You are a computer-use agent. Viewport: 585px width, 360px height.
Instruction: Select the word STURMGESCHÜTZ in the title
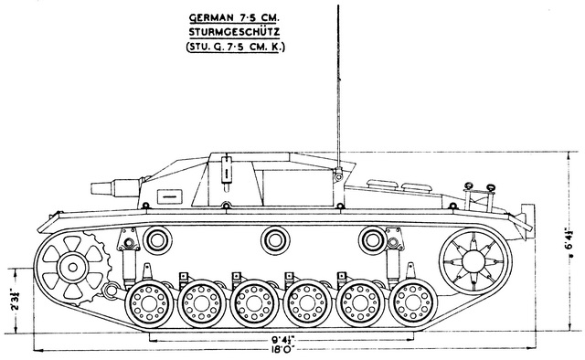pos(234,32)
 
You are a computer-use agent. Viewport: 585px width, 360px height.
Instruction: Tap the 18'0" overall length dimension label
pos(283,349)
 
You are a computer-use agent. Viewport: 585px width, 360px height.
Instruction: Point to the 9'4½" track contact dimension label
pos(283,340)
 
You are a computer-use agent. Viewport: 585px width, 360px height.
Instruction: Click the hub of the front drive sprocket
pos(73,267)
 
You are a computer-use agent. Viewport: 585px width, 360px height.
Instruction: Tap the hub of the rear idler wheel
pos(473,260)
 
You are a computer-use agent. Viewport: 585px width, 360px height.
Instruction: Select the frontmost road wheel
pos(149,303)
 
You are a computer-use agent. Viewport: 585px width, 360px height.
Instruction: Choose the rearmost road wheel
pos(413,303)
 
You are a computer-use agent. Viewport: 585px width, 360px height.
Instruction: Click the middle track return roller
pos(275,240)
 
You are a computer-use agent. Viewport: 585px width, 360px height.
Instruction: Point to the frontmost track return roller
pos(157,240)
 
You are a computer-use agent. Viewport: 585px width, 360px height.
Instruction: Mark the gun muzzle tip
pos(91,188)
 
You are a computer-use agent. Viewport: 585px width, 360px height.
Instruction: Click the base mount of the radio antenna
pos(338,174)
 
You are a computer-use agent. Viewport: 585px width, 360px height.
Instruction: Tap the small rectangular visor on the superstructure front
pos(170,196)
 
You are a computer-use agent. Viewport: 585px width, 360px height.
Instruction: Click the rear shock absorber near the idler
pos(393,259)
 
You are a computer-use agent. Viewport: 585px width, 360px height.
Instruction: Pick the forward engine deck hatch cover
pos(382,184)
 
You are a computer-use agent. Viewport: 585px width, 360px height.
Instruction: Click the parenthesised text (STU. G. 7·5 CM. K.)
pos(236,48)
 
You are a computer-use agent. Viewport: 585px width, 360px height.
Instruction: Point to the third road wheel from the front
pos(254,303)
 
